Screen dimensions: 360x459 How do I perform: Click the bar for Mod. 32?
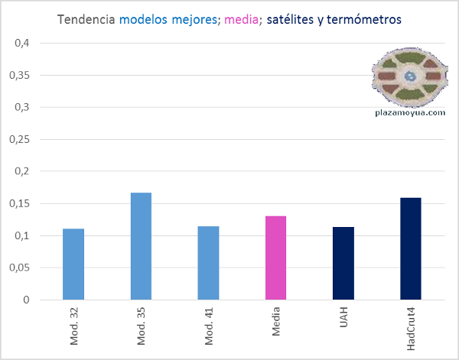[73, 264]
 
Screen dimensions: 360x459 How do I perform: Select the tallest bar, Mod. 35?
[141, 246]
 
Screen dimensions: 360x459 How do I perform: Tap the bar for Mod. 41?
[208, 263]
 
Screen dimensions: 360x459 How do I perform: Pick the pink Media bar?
[275, 258]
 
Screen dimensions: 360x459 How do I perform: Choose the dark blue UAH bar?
[343, 263]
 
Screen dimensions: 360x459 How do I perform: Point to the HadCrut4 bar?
[411, 248]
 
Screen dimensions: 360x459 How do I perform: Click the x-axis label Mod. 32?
[74, 326]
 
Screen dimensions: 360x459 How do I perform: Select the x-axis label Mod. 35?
[142, 326]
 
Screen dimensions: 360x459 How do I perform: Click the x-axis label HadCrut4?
[412, 329]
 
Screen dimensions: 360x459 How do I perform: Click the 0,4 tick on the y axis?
[22, 43]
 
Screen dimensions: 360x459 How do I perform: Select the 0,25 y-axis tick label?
[19, 139]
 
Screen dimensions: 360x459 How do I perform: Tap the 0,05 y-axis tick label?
[19, 268]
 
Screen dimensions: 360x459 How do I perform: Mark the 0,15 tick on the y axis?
[19, 203]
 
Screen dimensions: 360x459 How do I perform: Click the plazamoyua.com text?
[411, 112]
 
